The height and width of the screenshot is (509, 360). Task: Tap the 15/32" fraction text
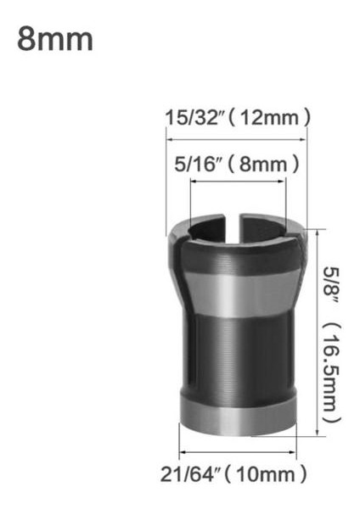pos(194,116)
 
